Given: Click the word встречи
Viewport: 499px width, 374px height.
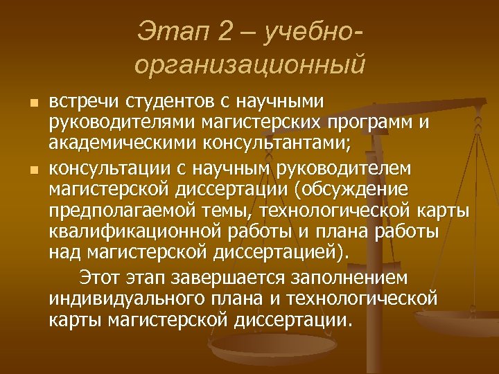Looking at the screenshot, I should click(x=84, y=103).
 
